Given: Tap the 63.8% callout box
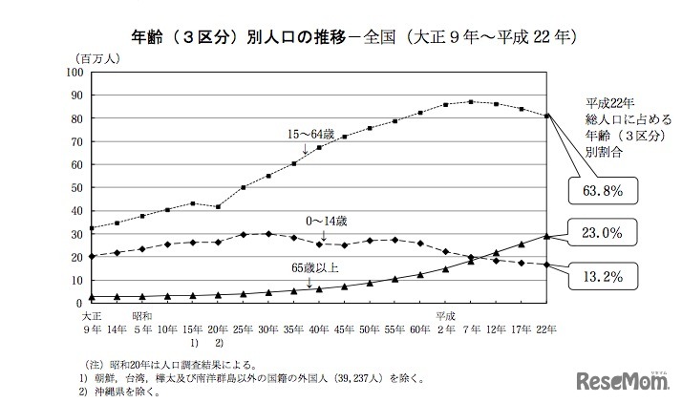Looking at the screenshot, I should [x=604, y=190].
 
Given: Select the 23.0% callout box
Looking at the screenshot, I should [x=604, y=232].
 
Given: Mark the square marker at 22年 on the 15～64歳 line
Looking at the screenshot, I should [x=546, y=117].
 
